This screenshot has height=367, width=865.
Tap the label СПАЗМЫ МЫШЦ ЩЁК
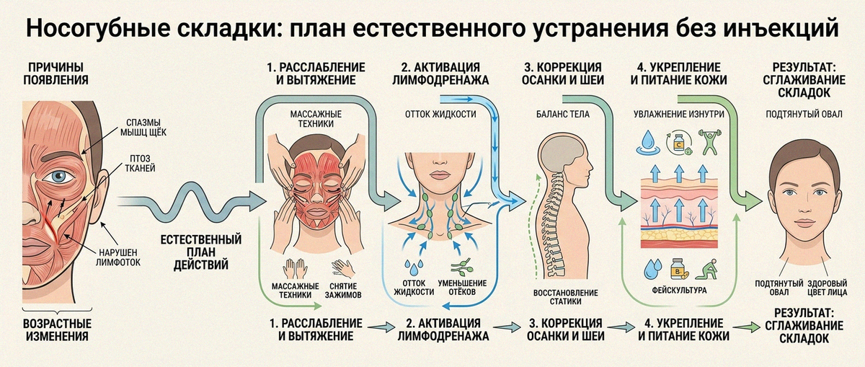(143, 128)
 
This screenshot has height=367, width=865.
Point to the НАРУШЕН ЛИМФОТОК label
(118, 257)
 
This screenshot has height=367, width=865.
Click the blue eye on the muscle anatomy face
(58, 177)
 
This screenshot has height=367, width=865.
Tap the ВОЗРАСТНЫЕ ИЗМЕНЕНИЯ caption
(57, 330)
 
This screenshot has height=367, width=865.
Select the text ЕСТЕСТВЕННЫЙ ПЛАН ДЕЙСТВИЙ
(201, 252)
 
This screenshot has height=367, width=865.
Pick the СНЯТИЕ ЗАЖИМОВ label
(343, 291)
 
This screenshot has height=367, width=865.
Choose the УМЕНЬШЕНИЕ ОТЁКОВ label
(462, 288)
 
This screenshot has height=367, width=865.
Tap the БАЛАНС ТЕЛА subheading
(563, 114)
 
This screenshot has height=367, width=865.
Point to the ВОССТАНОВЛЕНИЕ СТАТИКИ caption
(565, 297)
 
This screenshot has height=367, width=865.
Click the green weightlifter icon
(710, 141)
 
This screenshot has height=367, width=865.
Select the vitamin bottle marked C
(678, 143)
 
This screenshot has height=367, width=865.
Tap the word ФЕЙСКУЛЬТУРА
(679, 290)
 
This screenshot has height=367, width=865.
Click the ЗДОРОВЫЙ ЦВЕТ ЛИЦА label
(828, 288)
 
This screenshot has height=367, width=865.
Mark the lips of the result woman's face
(804, 224)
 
